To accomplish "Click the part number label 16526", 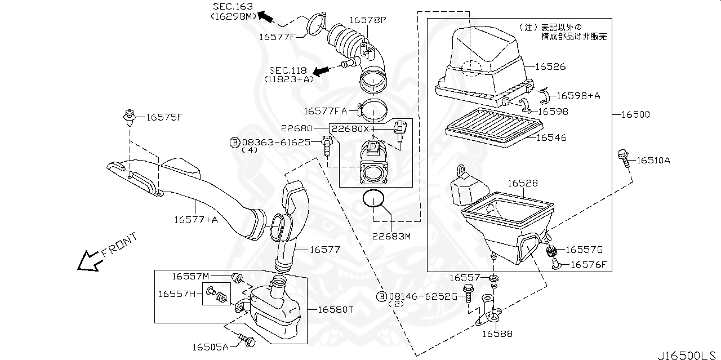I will click(550, 66).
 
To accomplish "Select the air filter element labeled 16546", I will click(489, 127).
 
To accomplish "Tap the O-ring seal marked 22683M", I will click(374, 199).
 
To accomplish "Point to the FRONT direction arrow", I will click(88, 260).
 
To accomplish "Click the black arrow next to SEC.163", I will click(266, 17).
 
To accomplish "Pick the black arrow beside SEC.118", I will click(322, 71).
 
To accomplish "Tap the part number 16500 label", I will click(635, 114).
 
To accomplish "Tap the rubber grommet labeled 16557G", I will click(552, 251).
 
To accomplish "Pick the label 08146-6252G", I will click(422, 296).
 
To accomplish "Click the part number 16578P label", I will click(367, 20).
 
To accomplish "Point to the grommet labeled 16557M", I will click(238, 277).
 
